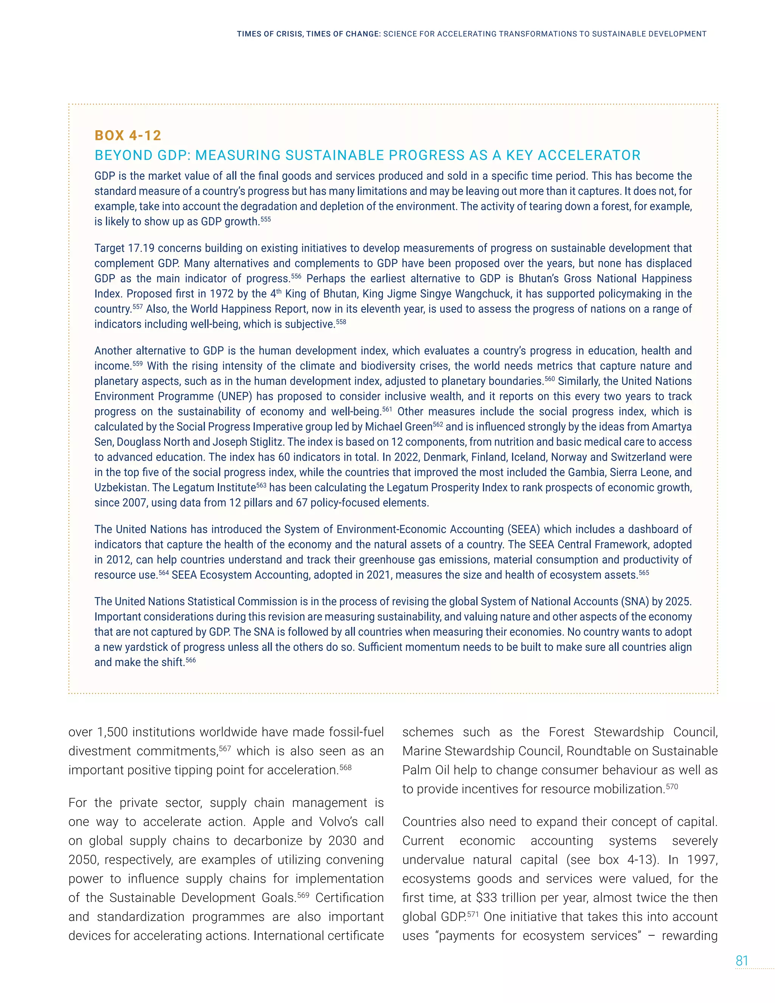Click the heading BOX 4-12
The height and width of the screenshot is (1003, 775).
point(128,135)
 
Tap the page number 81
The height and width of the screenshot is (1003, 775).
point(742,961)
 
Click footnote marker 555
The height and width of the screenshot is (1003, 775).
point(266,220)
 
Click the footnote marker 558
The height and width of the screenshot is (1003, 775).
point(341,322)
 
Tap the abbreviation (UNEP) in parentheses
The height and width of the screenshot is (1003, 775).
point(235,396)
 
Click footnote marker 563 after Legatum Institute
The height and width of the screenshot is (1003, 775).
point(261,485)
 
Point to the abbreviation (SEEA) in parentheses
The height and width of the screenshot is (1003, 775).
point(523,529)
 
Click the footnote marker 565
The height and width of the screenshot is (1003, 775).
point(644,573)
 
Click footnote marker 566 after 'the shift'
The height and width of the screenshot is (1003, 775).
point(191,660)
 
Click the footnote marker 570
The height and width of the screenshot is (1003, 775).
point(672,786)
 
